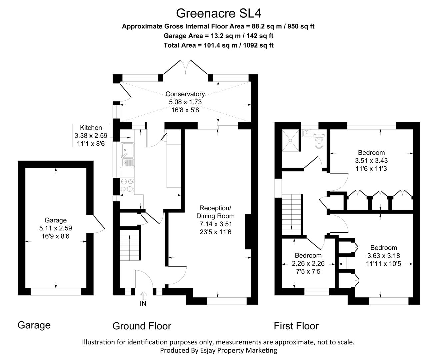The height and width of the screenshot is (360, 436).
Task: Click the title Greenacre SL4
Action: coord(218,13)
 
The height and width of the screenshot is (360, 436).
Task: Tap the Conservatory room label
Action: coord(185,94)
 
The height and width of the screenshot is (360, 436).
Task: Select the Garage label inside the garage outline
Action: coord(56,220)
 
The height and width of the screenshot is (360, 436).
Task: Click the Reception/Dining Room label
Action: coord(215,212)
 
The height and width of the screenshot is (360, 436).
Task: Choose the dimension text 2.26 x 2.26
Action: coord(308,263)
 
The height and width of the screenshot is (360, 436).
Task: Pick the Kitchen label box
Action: coord(91,135)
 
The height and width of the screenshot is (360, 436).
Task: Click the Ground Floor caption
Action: coord(142,326)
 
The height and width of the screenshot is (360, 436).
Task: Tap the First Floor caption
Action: coord(296,326)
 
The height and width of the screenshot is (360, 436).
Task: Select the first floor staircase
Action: coord(292,214)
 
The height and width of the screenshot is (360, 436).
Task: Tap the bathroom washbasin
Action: coord(307,133)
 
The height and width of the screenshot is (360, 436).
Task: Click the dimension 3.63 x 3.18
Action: coord(383,256)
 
